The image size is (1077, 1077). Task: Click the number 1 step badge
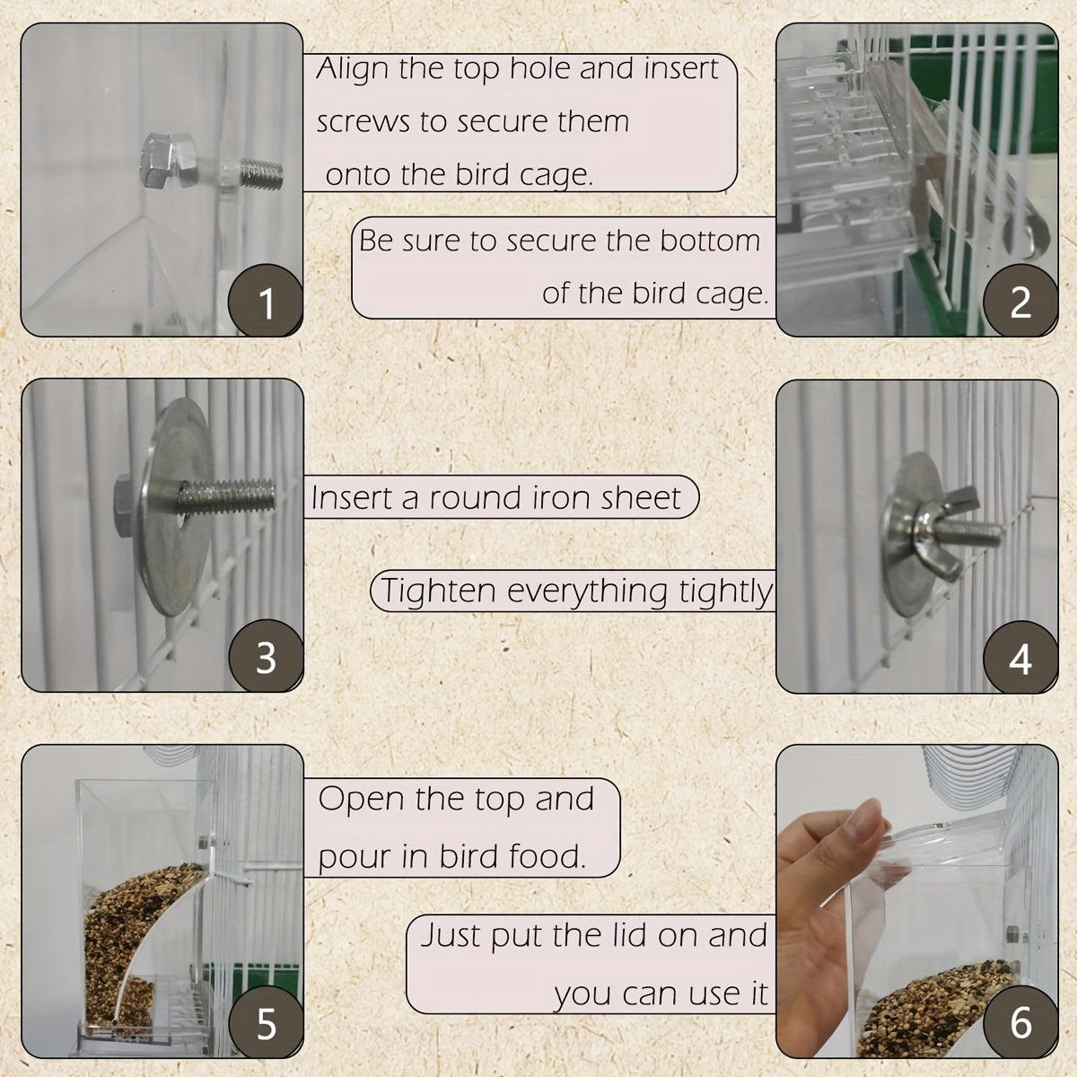coord(267,303)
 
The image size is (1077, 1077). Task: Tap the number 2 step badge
coord(1020,303)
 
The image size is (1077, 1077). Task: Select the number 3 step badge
coord(267,658)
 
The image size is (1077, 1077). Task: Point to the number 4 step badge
coord(1020,660)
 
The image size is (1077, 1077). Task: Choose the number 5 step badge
coord(267,1023)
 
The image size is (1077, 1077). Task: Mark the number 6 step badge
coord(1020,1023)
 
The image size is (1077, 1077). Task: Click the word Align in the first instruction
coord(353,69)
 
